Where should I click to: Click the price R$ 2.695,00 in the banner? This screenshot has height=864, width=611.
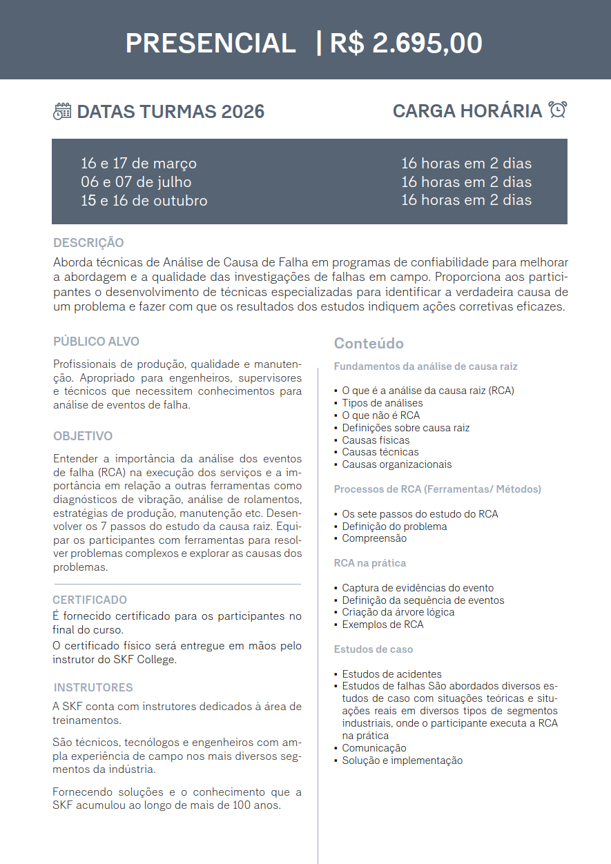click(406, 43)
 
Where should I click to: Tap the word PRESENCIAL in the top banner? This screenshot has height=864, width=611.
click(211, 43)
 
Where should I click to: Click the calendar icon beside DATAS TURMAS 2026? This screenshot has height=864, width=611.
click(62, 111)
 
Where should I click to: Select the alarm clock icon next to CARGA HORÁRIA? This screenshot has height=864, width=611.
click(557, 110)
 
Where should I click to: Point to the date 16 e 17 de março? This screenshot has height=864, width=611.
click(139, 164)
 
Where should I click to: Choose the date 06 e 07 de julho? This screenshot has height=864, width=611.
click(136, 182)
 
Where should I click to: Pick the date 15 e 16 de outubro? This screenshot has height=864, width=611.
click(144, 201)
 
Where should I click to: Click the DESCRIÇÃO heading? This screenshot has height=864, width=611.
click(88, 243)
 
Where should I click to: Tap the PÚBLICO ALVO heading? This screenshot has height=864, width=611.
click(96, 342)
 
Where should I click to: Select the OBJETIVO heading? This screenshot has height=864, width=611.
click(83, 436)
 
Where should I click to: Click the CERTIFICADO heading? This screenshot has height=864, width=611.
click(90, 600)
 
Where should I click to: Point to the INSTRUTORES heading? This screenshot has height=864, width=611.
click(93, 687)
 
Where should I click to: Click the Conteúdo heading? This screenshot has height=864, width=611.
click(369, 344)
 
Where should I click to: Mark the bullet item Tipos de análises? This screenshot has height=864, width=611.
click(382, 403)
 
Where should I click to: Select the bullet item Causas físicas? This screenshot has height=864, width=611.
click(376, 440)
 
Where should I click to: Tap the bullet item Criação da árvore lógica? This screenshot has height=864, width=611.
click(398, 612)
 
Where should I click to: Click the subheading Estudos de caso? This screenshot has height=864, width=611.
click(374, 649)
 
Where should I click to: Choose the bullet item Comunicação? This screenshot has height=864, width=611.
click(374, 748)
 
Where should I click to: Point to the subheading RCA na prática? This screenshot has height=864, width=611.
click(370, 563)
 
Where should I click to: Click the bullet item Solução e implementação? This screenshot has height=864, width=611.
click(402, 760)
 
